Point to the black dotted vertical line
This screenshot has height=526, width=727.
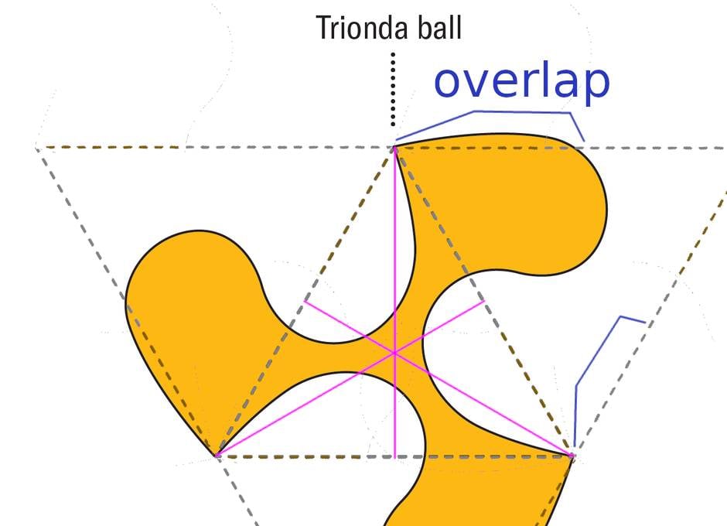(x=393, y=90)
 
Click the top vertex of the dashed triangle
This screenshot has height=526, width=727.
(x=394, y=149)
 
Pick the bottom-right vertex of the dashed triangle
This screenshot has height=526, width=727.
(x=572, y=456)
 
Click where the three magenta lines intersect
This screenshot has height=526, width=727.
(x=394, y=354)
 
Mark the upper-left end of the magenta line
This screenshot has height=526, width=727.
(x=305, y=302)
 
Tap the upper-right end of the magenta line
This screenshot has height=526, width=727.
(x=484, y=301)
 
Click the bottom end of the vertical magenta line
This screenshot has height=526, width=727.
(x=394, y=458)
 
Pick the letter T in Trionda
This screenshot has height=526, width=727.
(x=323, y=28)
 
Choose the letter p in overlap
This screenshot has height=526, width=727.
(x=596, y=86)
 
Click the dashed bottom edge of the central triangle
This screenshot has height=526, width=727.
(x=394, y=457)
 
